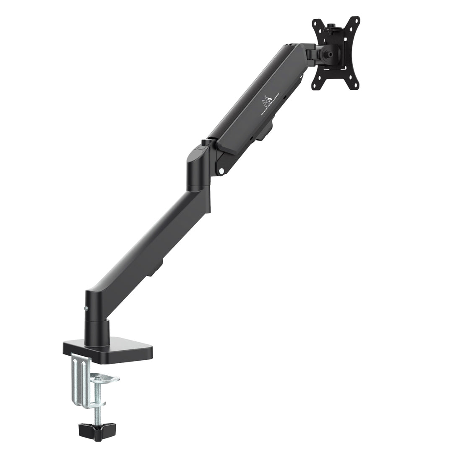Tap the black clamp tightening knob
pyautogui.click(x=91, y=432)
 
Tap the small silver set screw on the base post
pyautogui.click(x=86, y=308)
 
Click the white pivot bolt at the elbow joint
pyautogui.click(x=222, y=171)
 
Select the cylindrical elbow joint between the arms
pyautogui.click(x=198, y=168)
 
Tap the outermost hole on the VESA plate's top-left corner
pyautogui.click(x=315, y=23)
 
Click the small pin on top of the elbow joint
pyautogui.click(x=205, y=142)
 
